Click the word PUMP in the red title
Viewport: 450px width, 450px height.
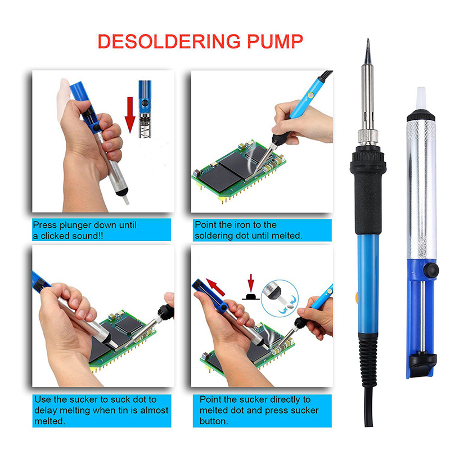click(x=274, y=41)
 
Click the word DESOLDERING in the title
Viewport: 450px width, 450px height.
click(x=169, y=41)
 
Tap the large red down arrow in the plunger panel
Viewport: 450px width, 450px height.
click(x=130, y=115)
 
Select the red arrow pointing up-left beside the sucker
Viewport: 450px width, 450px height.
click(x=215, y=287)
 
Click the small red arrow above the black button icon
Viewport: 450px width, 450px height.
click(x=251, y=283)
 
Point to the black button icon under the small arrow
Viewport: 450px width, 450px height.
click(x=251, y=296)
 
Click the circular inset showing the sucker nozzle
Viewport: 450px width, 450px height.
click(x=280, y=299)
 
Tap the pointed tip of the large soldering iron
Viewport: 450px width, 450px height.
click(x=368, y=40)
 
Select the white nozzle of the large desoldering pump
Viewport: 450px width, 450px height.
click(x=421, y=98)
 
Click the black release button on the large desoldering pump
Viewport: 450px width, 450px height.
click(x=431, y=270)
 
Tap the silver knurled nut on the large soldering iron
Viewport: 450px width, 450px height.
click(x=368, y=137)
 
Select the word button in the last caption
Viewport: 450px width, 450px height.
click(x=214, y=421)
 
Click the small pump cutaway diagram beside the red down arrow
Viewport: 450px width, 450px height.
click(x=145, y=109)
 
